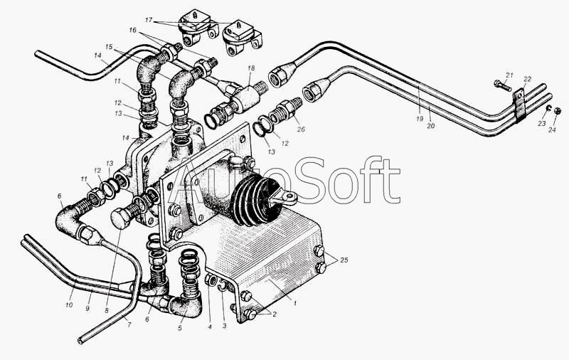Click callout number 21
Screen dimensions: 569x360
(510, 75)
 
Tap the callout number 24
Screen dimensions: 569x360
(552, 129)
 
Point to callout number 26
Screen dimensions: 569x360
(301, 129)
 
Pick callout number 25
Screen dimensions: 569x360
(344, 260)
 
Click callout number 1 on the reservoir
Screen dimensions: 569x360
(295, 302)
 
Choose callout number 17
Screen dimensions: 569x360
(149, 21)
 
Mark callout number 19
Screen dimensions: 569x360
(420, 119)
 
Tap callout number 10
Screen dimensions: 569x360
(69, 305)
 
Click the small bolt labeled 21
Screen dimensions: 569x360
(503, 85)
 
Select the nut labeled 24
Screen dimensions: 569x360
(559, 111)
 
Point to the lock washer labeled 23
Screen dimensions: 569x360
(549, 107)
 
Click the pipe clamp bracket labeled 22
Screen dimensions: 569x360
(519, 104)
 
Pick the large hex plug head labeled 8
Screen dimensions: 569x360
(122, 218)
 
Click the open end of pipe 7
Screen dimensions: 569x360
(80, 341)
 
